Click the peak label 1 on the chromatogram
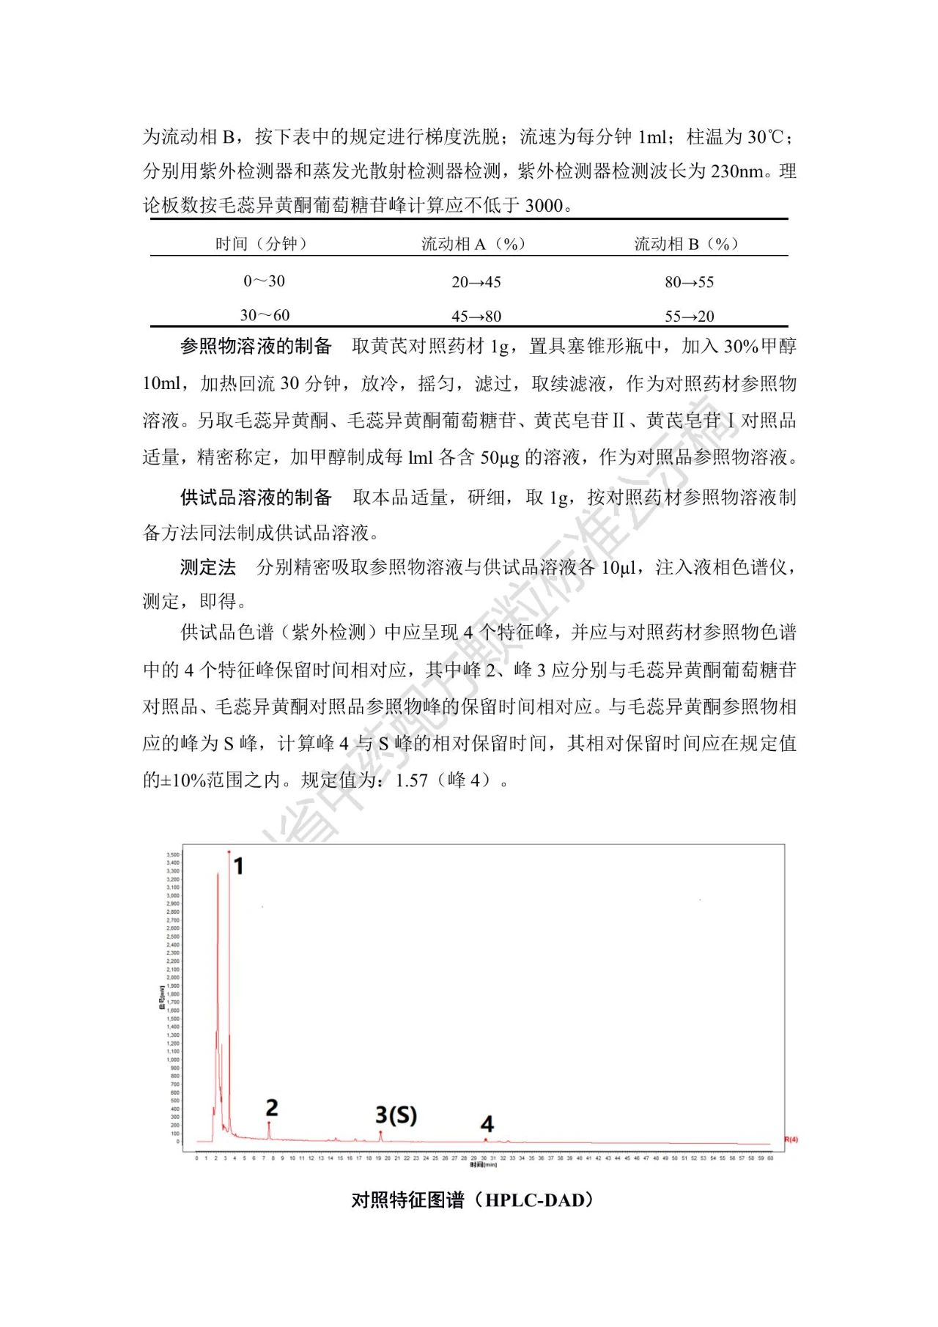[238, 866]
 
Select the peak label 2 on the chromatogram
[272, 1107]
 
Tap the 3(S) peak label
[396, 1115]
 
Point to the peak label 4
[487, 1123]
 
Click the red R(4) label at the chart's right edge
[791, 1139]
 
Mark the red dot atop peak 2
[269, 1123]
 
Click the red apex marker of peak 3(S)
[380, 1132]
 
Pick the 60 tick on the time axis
[770, 1158]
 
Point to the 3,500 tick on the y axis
[173, 854]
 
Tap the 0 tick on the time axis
[196, 1158]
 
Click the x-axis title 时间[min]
[484, 1164]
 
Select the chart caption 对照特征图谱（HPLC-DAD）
[472, 1200]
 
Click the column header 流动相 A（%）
[473, 244]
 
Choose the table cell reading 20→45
[476, 282]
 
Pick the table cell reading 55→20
[689, 317]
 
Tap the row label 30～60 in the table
[265, 315]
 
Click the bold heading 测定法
[208, 567]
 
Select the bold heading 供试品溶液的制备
[256, 498]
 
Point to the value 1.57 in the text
[411, 780]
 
